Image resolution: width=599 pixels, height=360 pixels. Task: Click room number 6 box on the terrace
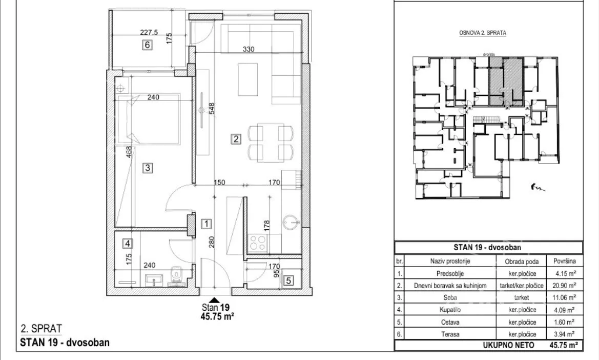tap(147, 45)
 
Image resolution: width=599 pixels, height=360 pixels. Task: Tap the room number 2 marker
tap(236, 139)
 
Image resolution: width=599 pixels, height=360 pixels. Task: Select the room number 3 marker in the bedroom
tap(148, 167)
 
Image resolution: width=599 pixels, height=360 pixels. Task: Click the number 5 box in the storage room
tap(288, 281)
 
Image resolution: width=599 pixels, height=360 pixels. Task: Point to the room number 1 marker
tap(206, 223)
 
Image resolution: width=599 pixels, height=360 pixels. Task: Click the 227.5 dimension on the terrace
tap(149, 33)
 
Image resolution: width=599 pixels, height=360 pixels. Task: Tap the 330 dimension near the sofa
tap(249, 49)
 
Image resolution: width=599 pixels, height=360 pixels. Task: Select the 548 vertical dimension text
tap(212, 109)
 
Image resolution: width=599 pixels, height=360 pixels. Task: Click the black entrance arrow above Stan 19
tap(215, 300)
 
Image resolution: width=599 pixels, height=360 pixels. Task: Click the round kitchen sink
tap(291, 222)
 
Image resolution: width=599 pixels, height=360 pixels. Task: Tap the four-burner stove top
tap(257, 243)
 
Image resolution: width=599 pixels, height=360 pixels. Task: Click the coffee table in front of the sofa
tap(248, 79)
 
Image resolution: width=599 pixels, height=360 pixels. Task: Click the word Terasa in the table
tap(450, 334)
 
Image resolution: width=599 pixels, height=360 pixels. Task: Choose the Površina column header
tap(564, 261)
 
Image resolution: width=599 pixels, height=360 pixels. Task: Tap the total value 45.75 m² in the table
tap(564, 345)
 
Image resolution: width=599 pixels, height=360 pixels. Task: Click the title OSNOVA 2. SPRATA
tap(483, 33)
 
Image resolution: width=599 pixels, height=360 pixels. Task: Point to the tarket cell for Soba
tap(522, 297)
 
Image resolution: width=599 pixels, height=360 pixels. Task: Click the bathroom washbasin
tap(154, 279)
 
